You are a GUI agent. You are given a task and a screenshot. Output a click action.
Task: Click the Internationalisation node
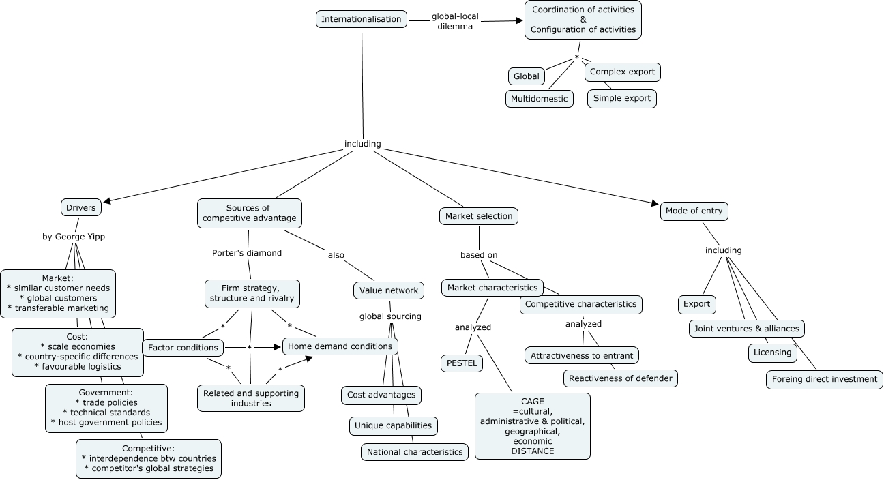pos(362,19)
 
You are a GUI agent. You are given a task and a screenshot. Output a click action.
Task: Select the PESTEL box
pos(462,363)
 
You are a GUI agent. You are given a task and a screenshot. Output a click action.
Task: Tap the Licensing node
pos(773,352)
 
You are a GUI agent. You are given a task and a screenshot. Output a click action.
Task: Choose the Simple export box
pos(622,98)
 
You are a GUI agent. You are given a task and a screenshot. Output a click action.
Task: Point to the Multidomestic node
pos(540,98)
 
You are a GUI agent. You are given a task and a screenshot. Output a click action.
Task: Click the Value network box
pos(388,290)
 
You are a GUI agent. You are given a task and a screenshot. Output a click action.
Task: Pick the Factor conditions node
pos(183,348)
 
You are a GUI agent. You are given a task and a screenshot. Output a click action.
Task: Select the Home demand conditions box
pos(340,346)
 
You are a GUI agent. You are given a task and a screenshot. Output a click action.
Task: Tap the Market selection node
pos(479,216)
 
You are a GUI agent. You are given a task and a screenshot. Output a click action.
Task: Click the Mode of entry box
pos(694,211)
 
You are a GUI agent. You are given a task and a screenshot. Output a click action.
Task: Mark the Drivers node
pos(81,207)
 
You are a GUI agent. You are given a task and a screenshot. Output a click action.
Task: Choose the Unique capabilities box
pos(393,425)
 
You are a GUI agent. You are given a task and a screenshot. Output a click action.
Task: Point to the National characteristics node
pos(415,451)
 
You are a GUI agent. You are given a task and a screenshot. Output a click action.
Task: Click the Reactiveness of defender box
pos(621,378)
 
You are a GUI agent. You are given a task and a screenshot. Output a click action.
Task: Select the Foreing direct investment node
pos(824,379)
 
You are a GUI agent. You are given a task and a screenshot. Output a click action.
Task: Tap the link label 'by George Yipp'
pos(74,237)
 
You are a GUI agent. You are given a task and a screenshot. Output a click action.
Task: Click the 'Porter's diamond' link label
pos(247,253)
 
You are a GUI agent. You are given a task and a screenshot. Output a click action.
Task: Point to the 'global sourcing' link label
pos(391,316)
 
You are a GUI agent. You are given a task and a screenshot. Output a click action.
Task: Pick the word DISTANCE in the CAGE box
pos(533,451)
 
